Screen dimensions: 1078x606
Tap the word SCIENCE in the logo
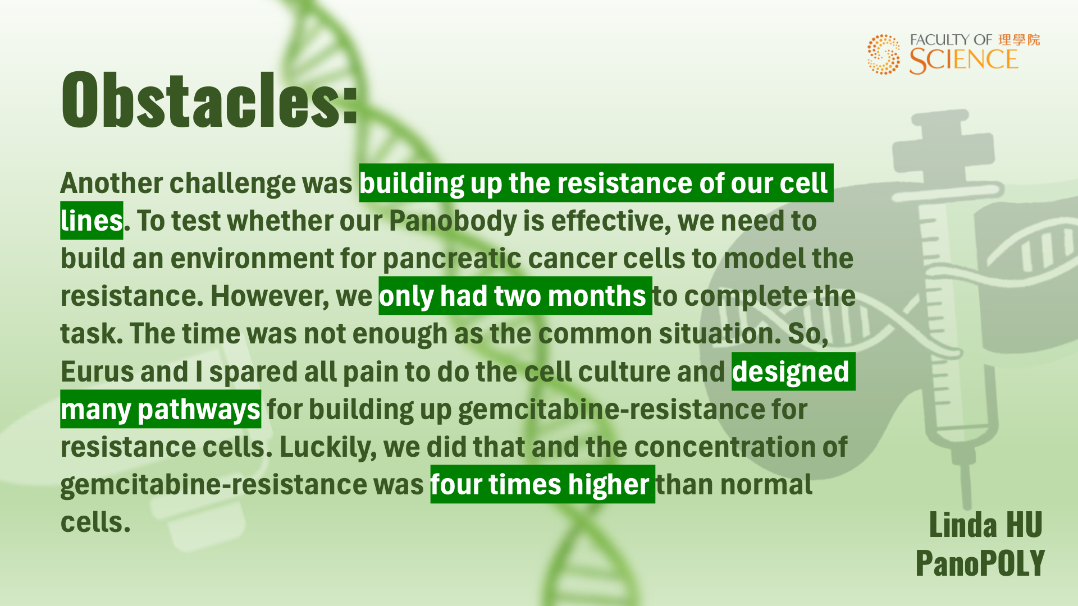963,61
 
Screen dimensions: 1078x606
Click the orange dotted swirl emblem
883,54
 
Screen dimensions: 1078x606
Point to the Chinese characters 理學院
1018,40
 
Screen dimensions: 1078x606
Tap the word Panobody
453,221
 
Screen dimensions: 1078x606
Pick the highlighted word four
456,485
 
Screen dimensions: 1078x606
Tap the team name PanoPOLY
980,563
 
